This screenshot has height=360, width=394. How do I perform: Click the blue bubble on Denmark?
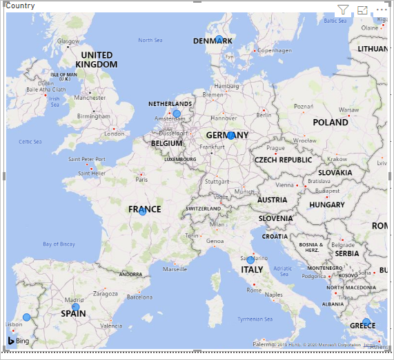219,40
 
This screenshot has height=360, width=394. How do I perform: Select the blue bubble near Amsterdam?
177,114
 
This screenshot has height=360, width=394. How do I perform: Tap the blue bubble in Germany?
231,136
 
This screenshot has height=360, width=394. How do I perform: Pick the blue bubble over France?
143,211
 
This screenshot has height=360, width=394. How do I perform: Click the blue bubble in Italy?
250,260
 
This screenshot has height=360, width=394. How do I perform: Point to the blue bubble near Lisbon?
27,317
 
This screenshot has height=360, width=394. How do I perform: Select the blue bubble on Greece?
366,322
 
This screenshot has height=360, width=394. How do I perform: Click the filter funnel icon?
344,10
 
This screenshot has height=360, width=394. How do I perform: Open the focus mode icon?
363,10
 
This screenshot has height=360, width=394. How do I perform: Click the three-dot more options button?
382,10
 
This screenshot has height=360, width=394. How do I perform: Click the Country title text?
21,6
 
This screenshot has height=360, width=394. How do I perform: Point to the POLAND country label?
331,123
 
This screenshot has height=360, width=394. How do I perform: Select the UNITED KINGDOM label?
97,60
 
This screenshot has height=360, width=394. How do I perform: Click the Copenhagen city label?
274,50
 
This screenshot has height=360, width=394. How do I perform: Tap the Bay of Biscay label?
59,244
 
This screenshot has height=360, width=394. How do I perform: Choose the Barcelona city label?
139,297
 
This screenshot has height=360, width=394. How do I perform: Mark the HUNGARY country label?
327,205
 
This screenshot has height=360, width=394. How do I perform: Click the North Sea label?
150,41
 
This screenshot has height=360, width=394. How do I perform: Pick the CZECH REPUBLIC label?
284,160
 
